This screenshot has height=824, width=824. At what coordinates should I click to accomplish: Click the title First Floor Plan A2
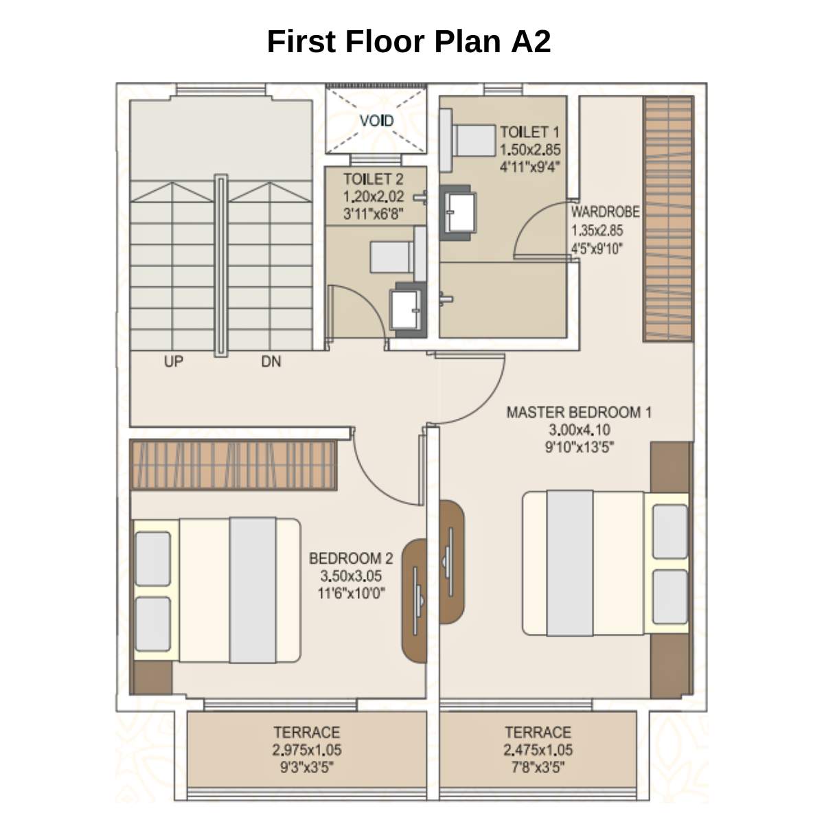coord(409,41)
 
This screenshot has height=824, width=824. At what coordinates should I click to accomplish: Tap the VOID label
coord(376,121)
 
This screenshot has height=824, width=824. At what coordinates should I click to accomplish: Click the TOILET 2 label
coord(373,180)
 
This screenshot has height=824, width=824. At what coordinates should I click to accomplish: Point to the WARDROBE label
coord(605,212)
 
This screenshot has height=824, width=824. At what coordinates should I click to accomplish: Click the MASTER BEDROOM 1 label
coord(579,413)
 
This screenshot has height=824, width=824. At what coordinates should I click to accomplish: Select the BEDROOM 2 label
coord(351,558)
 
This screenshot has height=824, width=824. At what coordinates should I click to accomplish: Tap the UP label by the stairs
coord(174,361)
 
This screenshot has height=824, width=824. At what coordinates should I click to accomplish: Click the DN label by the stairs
coord(271,361)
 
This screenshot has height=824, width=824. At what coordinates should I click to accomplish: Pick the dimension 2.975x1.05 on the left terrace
coord(307,751)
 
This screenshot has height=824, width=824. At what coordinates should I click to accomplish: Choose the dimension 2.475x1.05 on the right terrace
coord(538,751)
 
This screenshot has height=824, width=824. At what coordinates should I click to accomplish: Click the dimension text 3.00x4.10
coord(579,431)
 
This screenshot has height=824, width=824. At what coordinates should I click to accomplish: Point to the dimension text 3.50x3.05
coord(351,576)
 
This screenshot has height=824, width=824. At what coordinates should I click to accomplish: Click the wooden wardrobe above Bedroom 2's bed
coord(233,466)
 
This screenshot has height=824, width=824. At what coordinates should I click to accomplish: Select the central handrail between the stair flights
coord(220,264)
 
